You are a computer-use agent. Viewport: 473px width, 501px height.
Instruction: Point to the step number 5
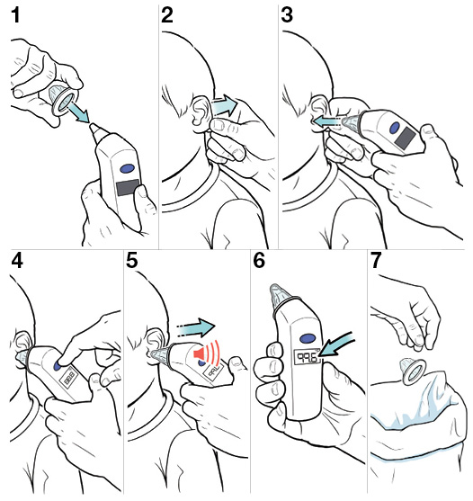133,262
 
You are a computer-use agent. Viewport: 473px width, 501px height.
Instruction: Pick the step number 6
259,262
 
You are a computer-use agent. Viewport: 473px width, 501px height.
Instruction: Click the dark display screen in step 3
404,138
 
